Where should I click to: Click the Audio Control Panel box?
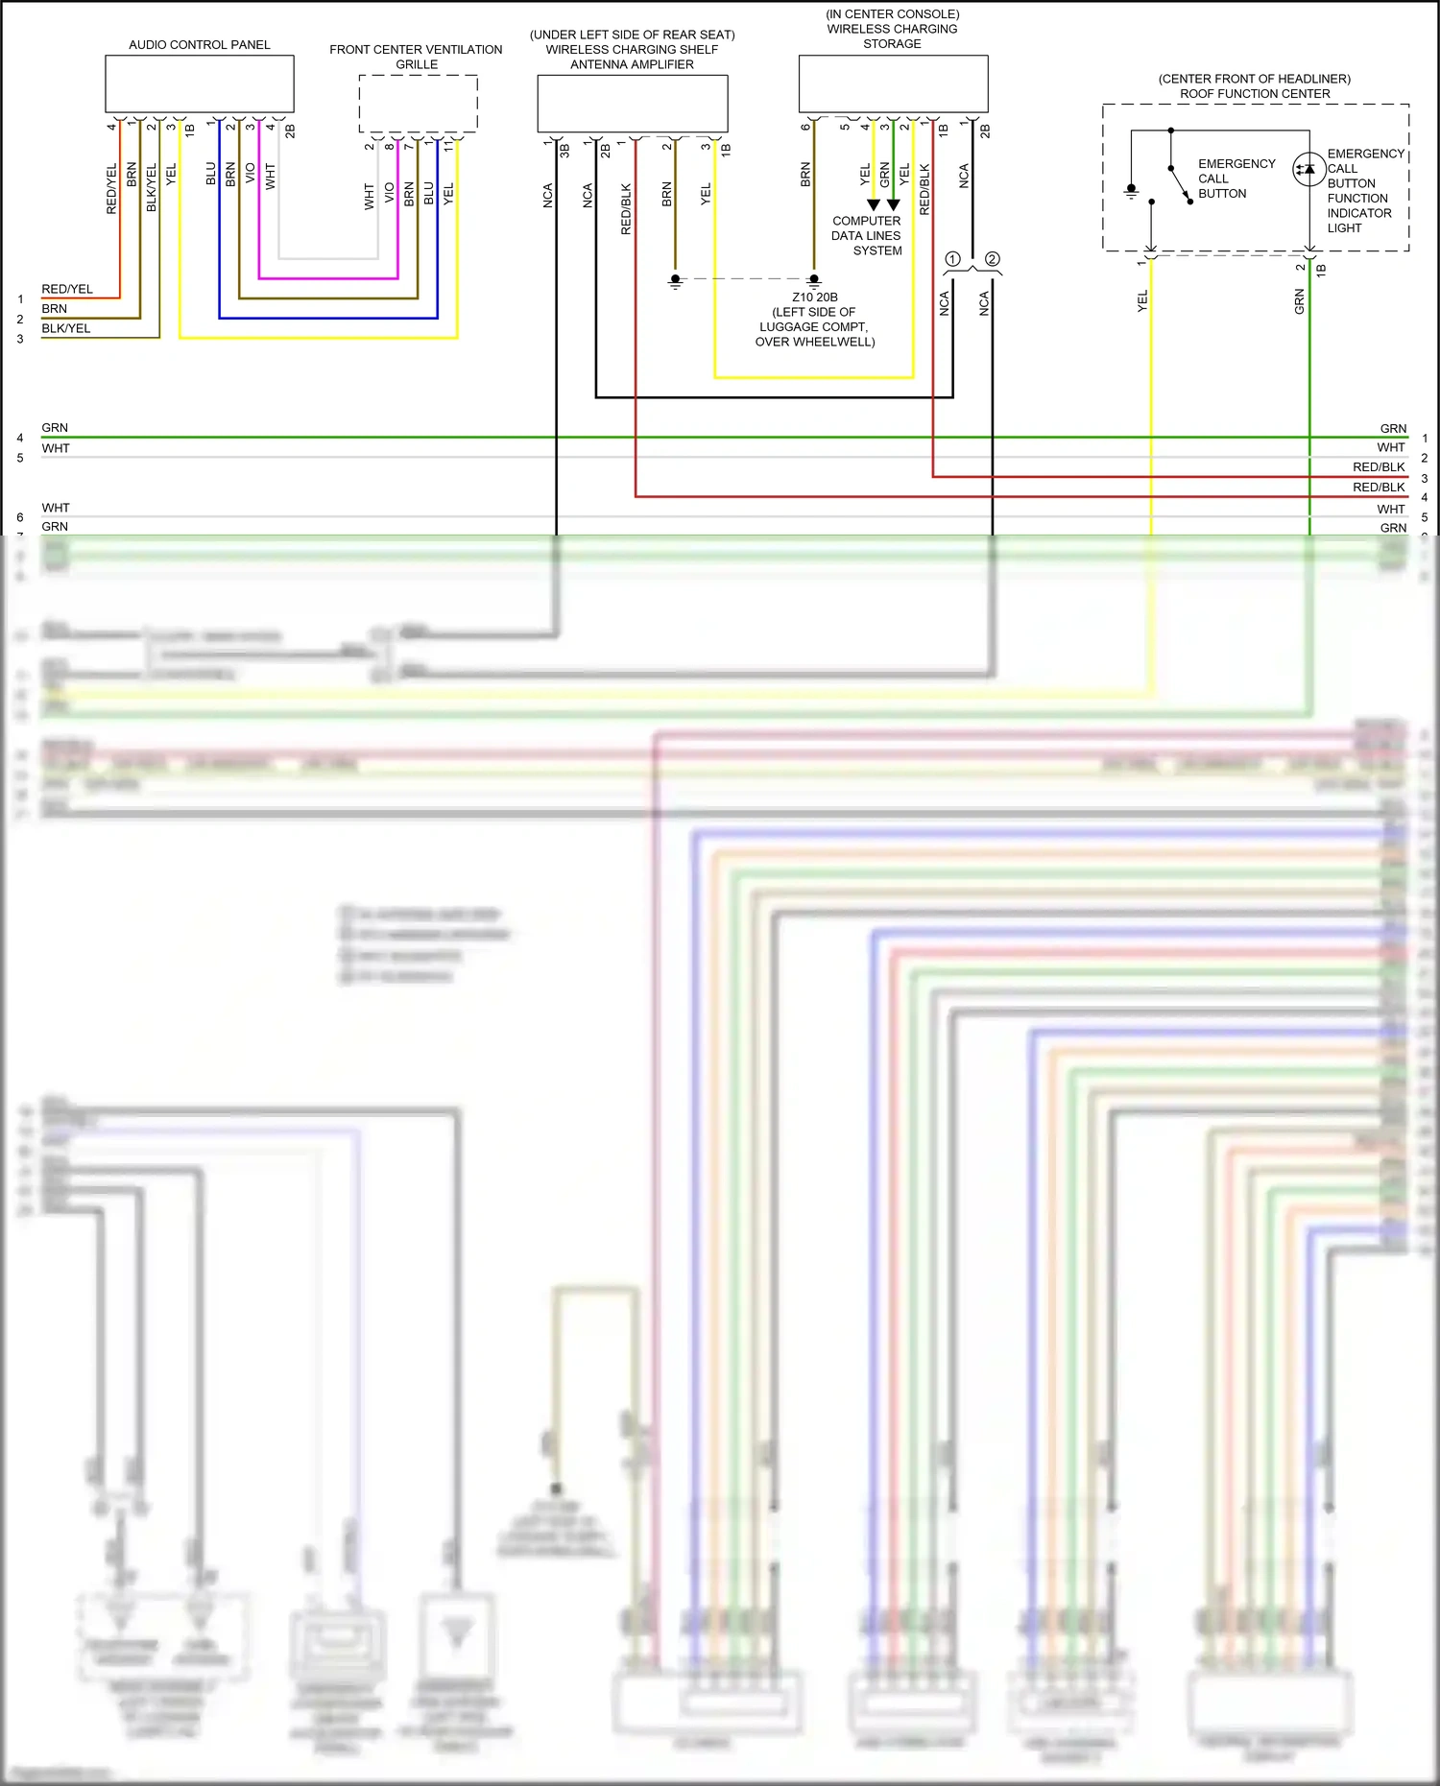click(199, 83)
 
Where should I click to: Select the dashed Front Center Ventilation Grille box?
click(418, 103)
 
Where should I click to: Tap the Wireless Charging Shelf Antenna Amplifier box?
click(632, 103)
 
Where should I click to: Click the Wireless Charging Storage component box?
click(893, 83)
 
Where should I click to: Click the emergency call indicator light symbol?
click(1308, 169)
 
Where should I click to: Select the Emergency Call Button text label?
click(1236, 179)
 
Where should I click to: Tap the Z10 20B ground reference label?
click(814, 297)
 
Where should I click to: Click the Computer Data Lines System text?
click(867, 235)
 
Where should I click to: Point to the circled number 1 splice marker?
click(952, 259)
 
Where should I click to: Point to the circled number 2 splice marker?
click(992, 259)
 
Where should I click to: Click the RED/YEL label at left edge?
click(67, 289)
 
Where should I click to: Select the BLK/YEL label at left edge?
click(65, 328)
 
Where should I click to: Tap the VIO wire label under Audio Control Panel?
click(251, 174)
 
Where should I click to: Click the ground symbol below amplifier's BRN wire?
click(675, 282)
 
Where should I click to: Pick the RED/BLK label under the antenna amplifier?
click(626, 209)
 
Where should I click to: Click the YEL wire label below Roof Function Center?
click(1141, 301)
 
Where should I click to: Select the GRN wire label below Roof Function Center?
click(1299, 302)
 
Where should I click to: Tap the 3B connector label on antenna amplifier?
click(564, 151)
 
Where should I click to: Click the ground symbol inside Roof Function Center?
click(1132, 191)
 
